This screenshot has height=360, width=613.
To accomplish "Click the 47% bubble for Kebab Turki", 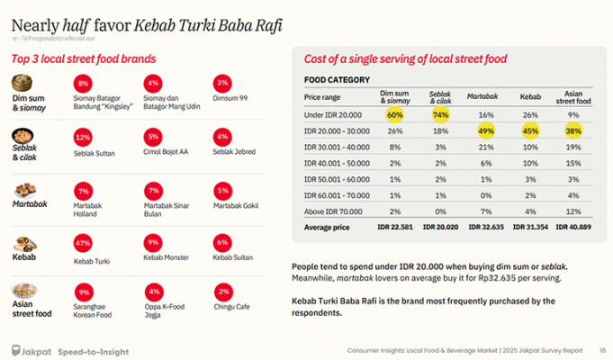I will (x=83, y=242).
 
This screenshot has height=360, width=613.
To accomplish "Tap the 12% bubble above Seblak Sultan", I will (x=83, y=137).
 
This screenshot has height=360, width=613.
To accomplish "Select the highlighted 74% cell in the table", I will (x=440, y=115).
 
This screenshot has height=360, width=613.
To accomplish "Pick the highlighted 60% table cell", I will (x=394, y=115).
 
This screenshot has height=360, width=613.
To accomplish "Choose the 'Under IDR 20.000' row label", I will (x=331, y=115).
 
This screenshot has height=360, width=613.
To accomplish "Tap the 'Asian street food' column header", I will (x=574, y=95).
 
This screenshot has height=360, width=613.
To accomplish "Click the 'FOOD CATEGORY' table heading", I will (x=338, y=79).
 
